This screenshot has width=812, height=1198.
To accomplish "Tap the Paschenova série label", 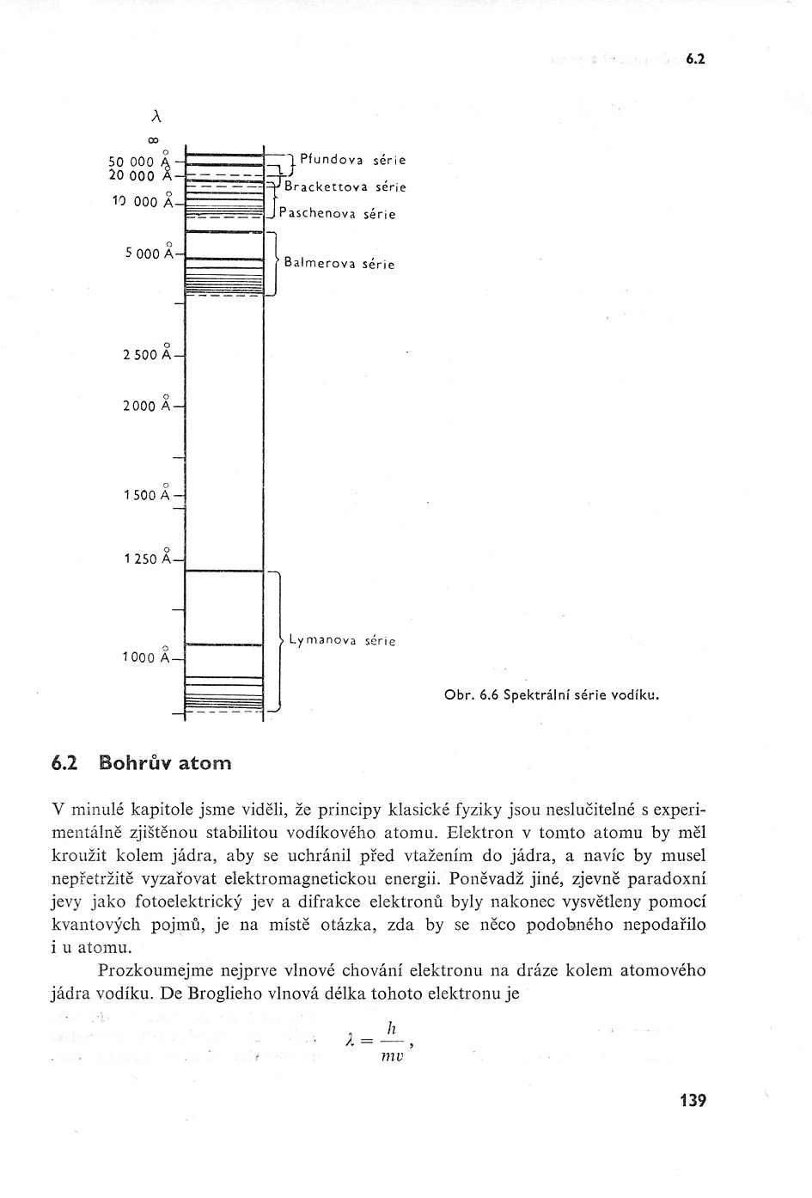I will (337, 214).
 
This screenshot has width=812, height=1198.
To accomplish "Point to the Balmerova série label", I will (339, 265).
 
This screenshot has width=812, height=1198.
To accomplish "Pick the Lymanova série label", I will (342, 640).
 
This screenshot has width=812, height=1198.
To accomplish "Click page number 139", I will (692, 1100).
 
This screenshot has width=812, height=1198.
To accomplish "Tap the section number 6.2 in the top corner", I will (695, 59).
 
